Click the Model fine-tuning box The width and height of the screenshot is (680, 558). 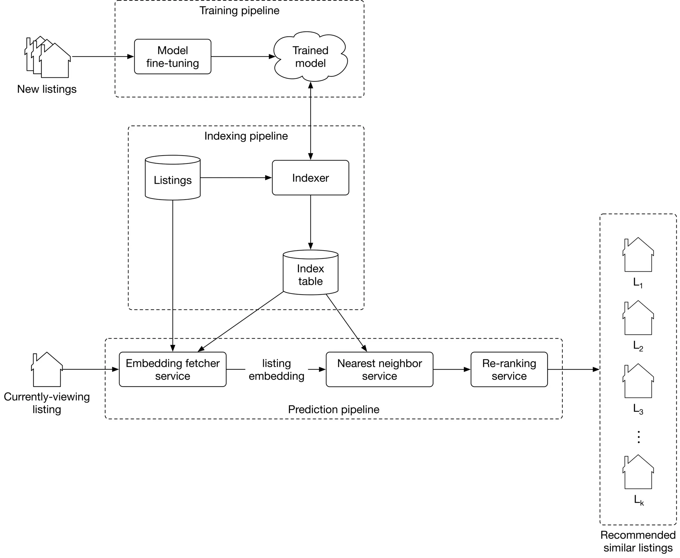click(x=172, y=57)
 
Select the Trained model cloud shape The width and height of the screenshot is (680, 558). click(x=310, y=57)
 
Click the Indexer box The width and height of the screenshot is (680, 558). click(x=310, y=178)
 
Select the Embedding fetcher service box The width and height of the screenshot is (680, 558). click(x=172, y=369)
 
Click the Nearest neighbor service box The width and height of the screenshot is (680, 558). click(x=379, y=369)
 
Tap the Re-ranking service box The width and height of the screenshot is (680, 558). click(x=509, y=369)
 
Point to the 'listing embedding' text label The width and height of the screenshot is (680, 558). click(x=276, y=370)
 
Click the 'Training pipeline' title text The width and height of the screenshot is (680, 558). click(x=239, y=11)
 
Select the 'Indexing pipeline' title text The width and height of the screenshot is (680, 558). click(x=246, y=136)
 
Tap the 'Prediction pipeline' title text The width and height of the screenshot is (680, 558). click(x=333, y=409)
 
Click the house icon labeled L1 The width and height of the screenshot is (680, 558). click(x=638, y=256)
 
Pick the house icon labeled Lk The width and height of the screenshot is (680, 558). click(x=638, y=473)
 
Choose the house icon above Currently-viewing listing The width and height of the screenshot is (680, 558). click(x=47, y=370)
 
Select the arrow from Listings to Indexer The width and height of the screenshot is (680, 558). click(x=236, y=178)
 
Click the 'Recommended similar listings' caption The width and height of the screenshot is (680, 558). click(x=638, y=541)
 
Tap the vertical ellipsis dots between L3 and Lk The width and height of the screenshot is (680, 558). click(x=638, y=437)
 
